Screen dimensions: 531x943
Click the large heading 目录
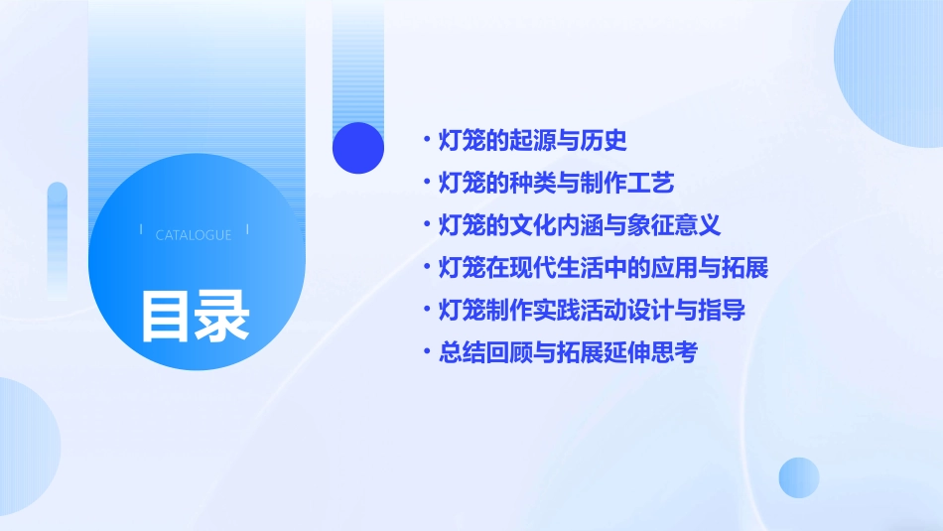[x=195, y=316]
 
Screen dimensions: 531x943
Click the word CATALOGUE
[x=194, y=235]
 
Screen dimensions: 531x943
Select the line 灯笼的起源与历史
[x=533, y=141]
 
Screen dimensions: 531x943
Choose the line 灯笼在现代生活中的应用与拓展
[x=604, y=268]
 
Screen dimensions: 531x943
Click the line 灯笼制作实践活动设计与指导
[x=592, y=310]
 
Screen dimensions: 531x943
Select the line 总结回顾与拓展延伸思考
[x=568, y=352]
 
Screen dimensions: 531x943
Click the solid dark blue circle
[x=358, y=148]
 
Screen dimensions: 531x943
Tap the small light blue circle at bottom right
[x=799, y=477]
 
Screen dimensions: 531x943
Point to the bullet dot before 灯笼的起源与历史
[x=427, y=141]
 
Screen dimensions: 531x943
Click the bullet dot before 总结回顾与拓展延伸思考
[x=427, y=352]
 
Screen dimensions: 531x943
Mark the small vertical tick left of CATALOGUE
[x=141, y=230]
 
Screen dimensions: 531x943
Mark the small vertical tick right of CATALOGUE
[x=247, y=230]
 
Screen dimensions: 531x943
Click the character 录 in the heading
[x=222, y=316]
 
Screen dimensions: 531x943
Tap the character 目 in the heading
[x=166, y=316]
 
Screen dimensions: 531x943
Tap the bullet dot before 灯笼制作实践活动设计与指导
[x=427, y=310]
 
